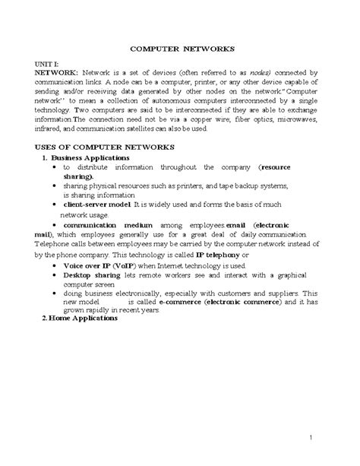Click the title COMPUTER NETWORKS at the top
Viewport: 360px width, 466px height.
click(179, 47)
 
